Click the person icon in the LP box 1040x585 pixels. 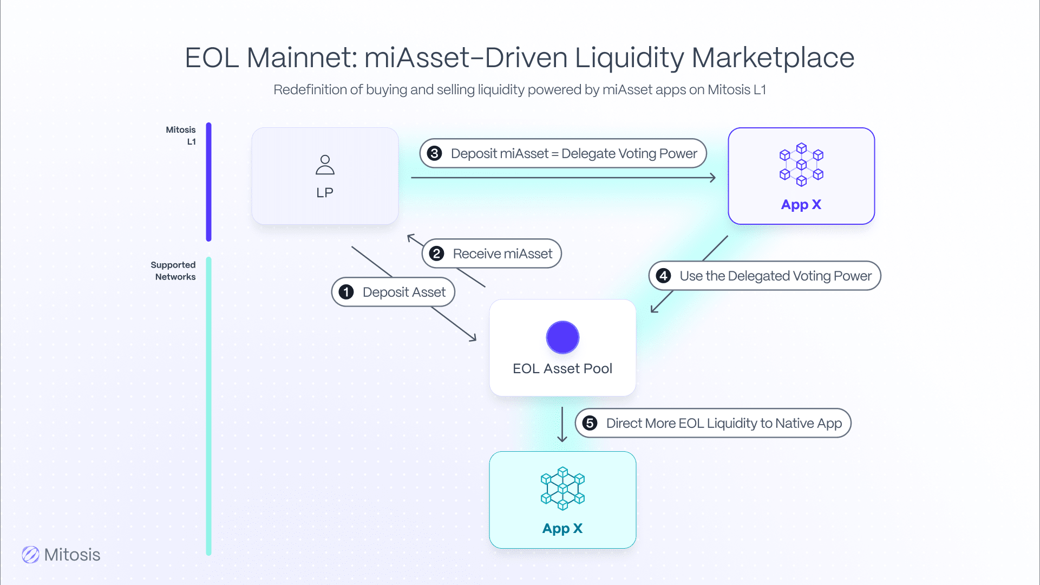325,165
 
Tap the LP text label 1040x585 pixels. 325,193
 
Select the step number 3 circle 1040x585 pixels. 434,153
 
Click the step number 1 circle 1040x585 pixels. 346,292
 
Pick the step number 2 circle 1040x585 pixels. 436,253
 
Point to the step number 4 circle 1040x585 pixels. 663,276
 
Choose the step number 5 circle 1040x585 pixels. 590,423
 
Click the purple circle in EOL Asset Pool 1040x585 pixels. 562,337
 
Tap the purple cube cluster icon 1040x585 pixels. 801,164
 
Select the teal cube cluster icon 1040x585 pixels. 562,488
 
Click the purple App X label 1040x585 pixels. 801,205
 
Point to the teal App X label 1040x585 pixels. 562,529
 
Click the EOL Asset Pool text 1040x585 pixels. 562,369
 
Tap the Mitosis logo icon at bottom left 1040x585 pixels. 30,555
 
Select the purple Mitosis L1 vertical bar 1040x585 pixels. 208,181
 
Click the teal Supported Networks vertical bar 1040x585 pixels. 208,406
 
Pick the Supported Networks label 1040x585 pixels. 173,271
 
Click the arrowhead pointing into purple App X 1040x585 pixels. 712,178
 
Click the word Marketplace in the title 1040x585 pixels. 773,57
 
